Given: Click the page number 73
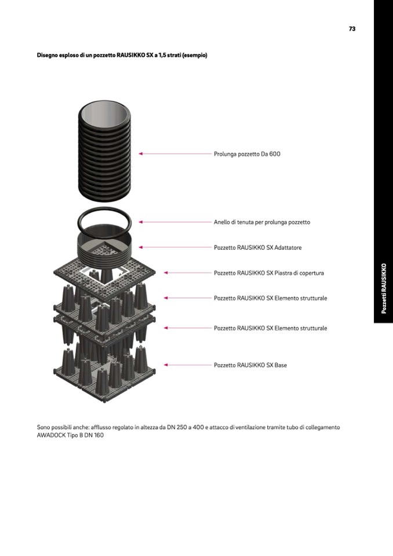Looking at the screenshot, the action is tap(352, 29).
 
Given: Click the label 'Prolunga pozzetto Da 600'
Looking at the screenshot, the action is tap(247, 154).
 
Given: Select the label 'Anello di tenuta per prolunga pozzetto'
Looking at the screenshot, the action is tap(262, 222).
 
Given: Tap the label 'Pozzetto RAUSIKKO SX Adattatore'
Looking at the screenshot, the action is tap(257, 248).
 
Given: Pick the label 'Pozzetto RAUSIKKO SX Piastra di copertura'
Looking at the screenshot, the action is tap(268, 273).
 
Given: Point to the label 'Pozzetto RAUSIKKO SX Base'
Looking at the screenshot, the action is tap(250, 365).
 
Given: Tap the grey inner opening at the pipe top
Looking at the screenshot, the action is tap(104, 115).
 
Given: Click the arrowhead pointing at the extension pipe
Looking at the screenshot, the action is tap(140, 154).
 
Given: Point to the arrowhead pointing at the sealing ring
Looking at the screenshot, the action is tap(140, 222).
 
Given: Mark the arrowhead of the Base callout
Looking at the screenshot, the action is tap(166, 365).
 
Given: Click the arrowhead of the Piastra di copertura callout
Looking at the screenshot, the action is tap(166, 273).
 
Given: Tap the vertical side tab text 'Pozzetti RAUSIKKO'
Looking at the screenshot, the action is tap(383, 288).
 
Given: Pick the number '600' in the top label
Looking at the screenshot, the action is tap(275, 154).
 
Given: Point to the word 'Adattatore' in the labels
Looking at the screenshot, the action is tap(288, 248).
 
